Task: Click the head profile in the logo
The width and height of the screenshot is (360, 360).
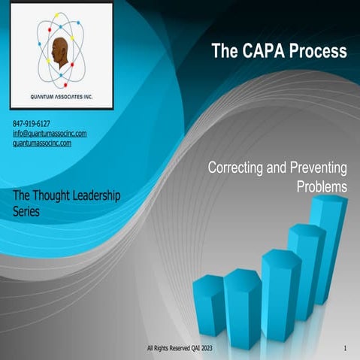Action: click(61, 53)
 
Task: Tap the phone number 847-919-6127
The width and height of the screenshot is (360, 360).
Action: click(32, 123)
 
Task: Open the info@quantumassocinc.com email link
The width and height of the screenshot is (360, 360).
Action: click(50, 133)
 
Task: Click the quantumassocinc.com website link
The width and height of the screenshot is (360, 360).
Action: click(42, 142)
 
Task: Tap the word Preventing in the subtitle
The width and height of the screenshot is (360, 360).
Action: click(314, 170)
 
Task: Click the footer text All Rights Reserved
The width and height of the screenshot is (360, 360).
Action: click(174, 349)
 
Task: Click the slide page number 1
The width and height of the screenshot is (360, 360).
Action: click(344, 349)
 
